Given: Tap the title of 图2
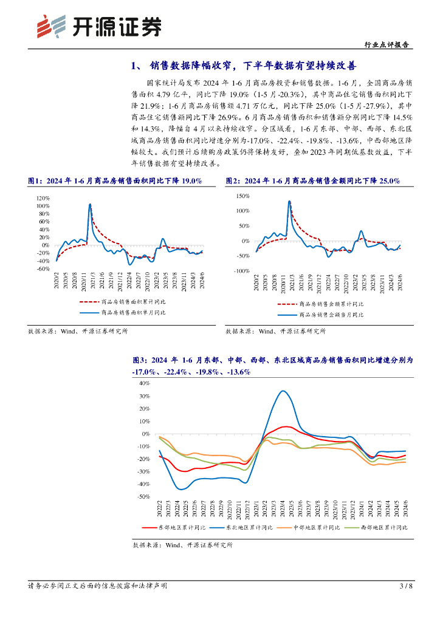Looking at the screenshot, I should (312, 180).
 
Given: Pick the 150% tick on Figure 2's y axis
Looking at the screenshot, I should (242, 196).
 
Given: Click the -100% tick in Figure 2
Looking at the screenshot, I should (241, 271).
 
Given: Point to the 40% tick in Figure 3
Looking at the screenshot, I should (145, 383).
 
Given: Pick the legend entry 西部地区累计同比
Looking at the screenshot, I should (383, 528).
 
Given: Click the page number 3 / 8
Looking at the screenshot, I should (406, 586).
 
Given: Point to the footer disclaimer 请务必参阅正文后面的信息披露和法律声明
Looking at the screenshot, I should (98, 586).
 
